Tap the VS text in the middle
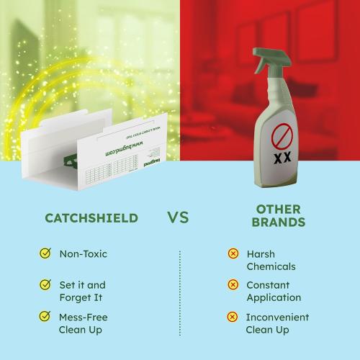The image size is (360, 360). [x=179, y=217]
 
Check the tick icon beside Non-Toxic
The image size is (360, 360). [x=45, y=253]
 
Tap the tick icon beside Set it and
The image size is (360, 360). [x=45, y=284]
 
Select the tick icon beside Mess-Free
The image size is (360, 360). [x=45, y=316]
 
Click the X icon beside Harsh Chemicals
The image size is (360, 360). [x=233, y=253]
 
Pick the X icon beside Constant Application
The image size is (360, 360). [x=233, y=284]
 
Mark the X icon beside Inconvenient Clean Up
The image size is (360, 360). [x=233, y=316]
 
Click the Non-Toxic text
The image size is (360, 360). [x=83, y=253]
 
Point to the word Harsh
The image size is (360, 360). [x=261, y=254]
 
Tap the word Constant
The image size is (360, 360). [x=269, y=285]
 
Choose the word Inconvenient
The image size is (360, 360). [x=277, y=317]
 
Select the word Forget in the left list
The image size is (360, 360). [x=73, y=297]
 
